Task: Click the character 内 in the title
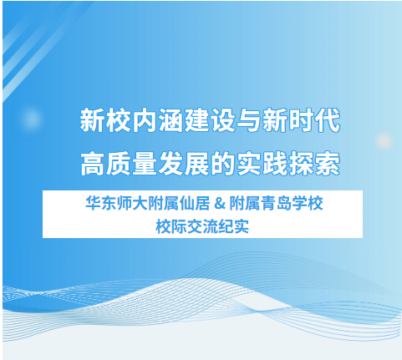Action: [x=144, y=120]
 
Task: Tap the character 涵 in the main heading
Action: [x=170, y=120]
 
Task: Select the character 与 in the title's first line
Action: [x=249, y=120]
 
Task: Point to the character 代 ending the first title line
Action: [x=328, y=120]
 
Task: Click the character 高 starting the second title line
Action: [x=92, y=164]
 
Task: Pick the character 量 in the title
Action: [x=145, y=164]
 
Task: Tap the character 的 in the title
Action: [x=222, y=164]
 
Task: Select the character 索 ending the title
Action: [x=328, y=164]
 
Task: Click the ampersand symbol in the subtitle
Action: [x=220, y=204]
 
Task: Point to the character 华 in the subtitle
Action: [x=94, y=203]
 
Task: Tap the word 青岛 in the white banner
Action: [x=276, y=203]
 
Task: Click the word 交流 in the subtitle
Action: [x=202, y=226]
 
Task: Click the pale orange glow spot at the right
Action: [x=384, y=140]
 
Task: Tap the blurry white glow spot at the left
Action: [x=31, y=118]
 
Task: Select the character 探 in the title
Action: [x=303, y=164]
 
